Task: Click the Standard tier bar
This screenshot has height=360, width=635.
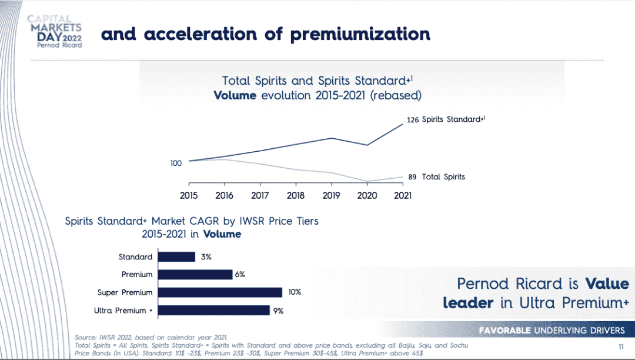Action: pos(176,256)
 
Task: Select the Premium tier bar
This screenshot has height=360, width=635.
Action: pos(195,274)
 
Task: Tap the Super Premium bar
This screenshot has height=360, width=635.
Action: pos(220,292)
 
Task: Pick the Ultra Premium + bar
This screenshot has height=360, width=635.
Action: pos(214,310)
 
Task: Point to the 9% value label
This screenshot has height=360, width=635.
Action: pos(278,311)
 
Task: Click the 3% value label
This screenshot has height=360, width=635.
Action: pos(206,256)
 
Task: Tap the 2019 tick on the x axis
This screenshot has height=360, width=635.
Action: pos(331,195)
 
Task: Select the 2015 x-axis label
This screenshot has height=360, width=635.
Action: pos(189,195)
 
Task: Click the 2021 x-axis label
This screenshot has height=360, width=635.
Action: pos(402,195)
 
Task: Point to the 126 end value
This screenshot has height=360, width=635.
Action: pos(412,120)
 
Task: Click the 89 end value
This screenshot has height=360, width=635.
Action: pos(413,176)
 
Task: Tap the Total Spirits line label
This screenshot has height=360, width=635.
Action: pos(443,176)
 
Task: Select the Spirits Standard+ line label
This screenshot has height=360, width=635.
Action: pos(453,119)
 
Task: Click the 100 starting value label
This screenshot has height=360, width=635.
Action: pos(176,163)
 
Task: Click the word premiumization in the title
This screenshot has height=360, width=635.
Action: pos(360,34)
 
